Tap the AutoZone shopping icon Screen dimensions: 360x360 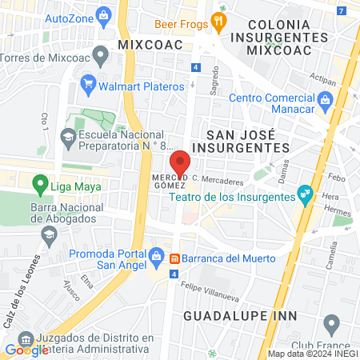(103, 15)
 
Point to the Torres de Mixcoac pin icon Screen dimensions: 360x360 (100, 56)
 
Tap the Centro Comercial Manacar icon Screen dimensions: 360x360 (326, 100)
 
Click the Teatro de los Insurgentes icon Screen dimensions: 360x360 (304, 193)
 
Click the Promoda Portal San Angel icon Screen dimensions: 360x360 (158, 255)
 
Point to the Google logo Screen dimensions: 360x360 (26, 349)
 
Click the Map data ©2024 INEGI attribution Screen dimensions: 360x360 (313, 354)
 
